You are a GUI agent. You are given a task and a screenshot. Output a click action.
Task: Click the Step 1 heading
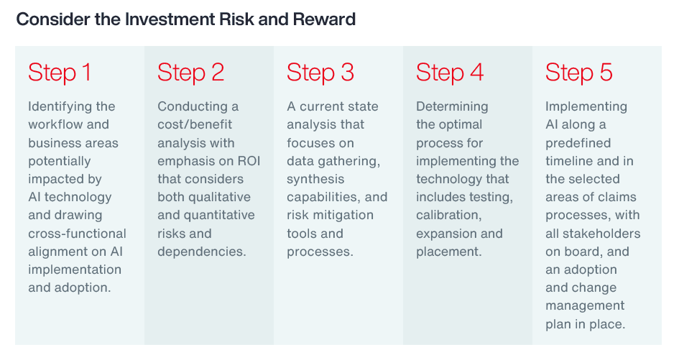coord(60,73)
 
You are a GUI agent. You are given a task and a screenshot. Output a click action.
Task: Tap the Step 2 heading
coord(191,73)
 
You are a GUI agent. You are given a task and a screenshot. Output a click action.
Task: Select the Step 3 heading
coord(320,73)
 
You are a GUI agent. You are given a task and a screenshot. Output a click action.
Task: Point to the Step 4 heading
coord(450,73)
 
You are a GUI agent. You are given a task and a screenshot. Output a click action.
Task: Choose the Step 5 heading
coord(579,73)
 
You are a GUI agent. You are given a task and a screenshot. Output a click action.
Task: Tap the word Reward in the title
coord(324,19)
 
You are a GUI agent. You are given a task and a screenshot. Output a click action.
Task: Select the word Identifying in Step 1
coord(60,106)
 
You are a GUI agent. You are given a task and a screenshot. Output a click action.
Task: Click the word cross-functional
coord(77,234)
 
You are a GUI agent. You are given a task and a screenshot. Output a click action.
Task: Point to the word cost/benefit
coord(195,124)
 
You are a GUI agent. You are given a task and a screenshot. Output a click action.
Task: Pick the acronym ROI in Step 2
coord(249,161)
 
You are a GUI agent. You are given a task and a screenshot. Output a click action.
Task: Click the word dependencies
coord(202,251)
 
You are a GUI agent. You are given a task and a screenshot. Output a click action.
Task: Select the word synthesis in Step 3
coord(315,180)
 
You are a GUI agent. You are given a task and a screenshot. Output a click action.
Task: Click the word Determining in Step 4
coord(452,106)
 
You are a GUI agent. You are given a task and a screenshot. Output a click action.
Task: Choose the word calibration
coord(448,216)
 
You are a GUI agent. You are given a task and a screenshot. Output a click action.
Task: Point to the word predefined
coord(578,143)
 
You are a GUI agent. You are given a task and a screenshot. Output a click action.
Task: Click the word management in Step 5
coord(585,306)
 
